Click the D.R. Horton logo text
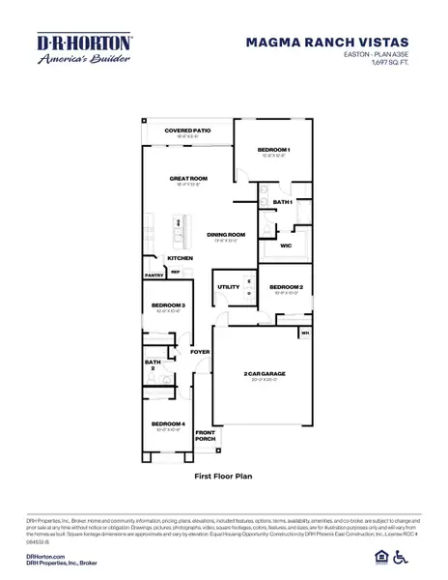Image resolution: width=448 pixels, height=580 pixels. (70, 42)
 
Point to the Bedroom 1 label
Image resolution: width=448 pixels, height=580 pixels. (274, 150)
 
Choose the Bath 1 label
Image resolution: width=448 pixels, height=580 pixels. (282, 202)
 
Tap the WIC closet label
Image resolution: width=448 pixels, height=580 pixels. (286, 246)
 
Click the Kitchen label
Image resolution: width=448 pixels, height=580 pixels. (181, 258)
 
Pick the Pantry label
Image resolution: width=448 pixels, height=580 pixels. (154, 275)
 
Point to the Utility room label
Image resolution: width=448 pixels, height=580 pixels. (229, 287)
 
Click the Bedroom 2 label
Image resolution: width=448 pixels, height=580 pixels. (287, 288)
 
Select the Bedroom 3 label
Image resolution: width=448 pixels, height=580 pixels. (168, 305)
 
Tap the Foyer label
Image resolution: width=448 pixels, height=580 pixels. (200, 352)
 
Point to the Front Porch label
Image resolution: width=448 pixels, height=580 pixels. (205, 435)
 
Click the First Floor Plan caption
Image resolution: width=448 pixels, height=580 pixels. (224, 477)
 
